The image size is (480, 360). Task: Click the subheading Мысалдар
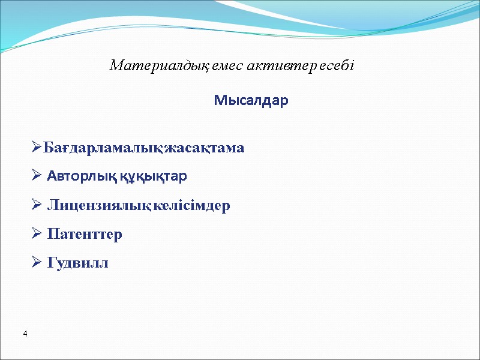tap(251, 101)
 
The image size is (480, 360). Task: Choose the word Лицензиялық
tap(99, 206)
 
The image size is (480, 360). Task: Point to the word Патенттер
tap(85, 234)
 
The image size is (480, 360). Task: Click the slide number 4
tap(26, 333)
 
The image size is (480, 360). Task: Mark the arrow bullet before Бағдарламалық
tap(37, 148)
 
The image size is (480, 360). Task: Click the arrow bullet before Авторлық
tap(37, 176)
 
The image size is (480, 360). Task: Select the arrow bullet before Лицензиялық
tap(37, 205)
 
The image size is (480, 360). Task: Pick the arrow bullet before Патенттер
tap(37, 233)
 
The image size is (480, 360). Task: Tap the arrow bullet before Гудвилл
tap(37, 262)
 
